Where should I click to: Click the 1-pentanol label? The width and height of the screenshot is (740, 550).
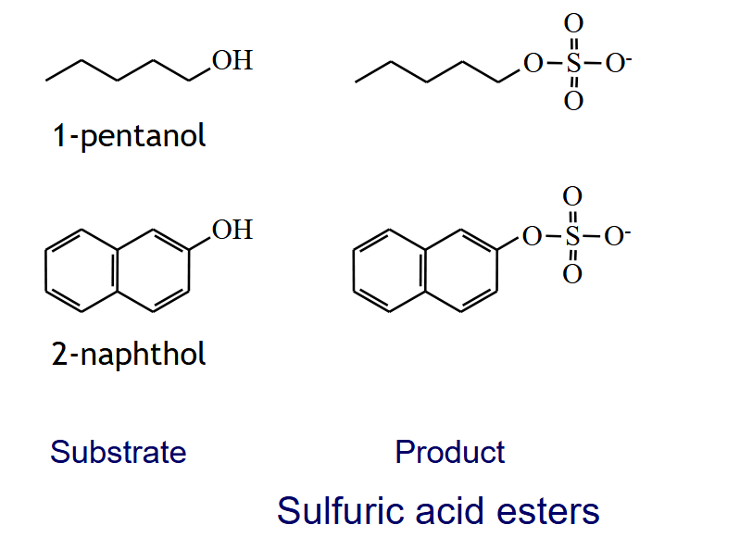pyautogui.click(x=129, y=136)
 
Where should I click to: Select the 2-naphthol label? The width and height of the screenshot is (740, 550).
pyautogui.click(x=129, y=354)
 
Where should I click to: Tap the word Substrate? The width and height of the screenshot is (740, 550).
pyautogui.click(x=119, y=452)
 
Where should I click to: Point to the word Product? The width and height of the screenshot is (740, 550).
pyautogui.click(x=449, y=452)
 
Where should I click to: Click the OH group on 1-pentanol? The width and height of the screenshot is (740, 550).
pyautogui.click(x=232, y=61)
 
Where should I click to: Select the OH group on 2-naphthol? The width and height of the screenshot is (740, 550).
pyautogui.click(x=232, y=230)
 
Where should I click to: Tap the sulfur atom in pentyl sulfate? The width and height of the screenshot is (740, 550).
pyautogui.click(x=573, y=64)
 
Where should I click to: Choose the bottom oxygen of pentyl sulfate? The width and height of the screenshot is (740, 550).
pyautogui.click(x=573, y=102)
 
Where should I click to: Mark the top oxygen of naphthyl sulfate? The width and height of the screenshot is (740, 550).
pyautogui.click(x=572, y=197)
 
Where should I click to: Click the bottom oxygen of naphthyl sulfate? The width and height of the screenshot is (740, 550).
pyautogui.click(x=572, y=275)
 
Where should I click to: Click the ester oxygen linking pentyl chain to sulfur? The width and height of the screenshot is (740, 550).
pyautogui.click(x=533, y=64)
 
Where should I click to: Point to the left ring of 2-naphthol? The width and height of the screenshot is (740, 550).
pyautogui.click(x=82, y=269)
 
